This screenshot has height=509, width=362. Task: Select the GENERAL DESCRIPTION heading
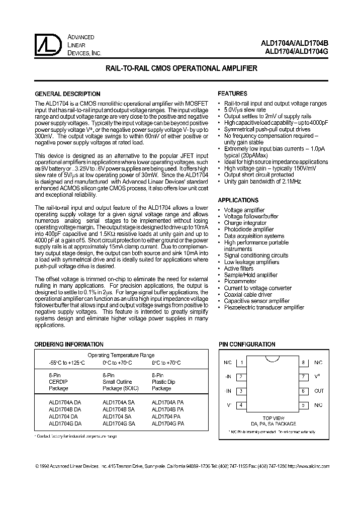(67, 94)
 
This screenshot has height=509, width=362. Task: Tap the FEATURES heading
(232, 94)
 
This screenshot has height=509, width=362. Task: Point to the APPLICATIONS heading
(238, 200)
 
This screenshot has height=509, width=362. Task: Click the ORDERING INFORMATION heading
(68, 345)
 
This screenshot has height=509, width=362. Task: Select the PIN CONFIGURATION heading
(246, 345)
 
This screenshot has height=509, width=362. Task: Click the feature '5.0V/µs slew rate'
(245, 110)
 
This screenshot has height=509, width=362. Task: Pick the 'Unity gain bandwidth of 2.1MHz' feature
(262, 182)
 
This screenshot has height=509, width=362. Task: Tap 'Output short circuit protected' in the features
(259, 175)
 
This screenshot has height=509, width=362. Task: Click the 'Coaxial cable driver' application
(248, 295)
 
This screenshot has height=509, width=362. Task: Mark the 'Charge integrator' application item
(245, 223)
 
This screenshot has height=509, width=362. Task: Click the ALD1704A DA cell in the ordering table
(64, 403)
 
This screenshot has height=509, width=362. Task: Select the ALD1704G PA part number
(167, 424)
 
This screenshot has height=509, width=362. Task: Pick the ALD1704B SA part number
(119, 410)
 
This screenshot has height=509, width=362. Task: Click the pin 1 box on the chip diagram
(242, 362)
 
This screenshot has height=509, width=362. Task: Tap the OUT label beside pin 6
(319, 391)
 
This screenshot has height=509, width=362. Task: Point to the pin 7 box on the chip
(304, 376)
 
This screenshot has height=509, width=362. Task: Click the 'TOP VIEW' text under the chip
(274, 418)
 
